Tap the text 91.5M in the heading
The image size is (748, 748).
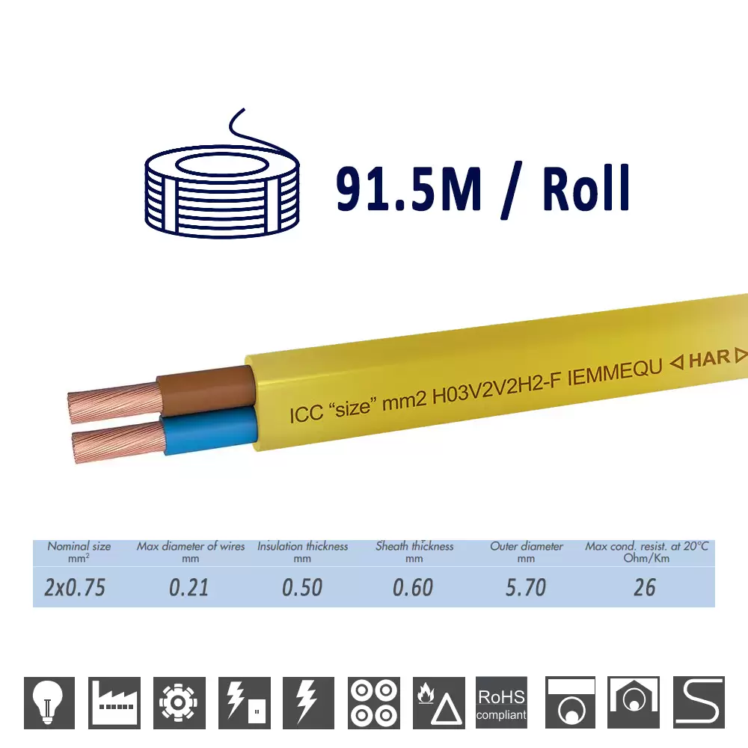(x=408, y=189)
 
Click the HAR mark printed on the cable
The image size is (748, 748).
(x=709, y=359)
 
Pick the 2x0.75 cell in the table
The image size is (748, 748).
(x=74, y=588)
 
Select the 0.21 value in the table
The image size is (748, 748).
(x=189, y=588)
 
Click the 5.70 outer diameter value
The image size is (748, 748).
(x=526, y=588)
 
